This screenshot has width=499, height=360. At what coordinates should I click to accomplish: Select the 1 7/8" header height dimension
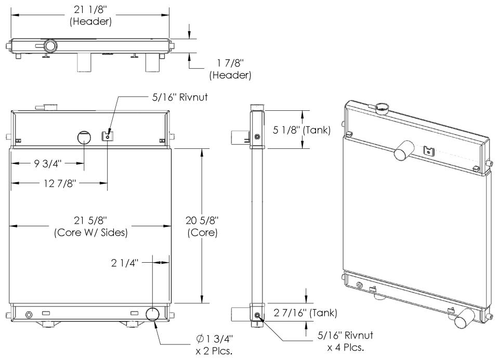[x=230, y=69]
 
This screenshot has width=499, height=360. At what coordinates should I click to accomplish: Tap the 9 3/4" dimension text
[x=48, y=163]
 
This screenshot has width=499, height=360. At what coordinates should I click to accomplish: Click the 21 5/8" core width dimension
[x=90, y=227]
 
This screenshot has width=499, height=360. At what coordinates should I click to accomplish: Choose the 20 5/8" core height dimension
[x=202, y=227]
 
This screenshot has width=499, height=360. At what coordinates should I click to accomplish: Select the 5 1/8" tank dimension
[x=301, y=130]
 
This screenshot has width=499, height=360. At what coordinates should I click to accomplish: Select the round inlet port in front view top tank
[x=84, y=138]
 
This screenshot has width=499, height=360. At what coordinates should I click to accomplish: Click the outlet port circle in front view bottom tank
[x=153, y=314]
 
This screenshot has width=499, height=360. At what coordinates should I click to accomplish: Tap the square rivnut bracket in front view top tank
[x=106, y=137]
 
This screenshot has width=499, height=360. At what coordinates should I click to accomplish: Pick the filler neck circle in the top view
[x=51, y=46]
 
